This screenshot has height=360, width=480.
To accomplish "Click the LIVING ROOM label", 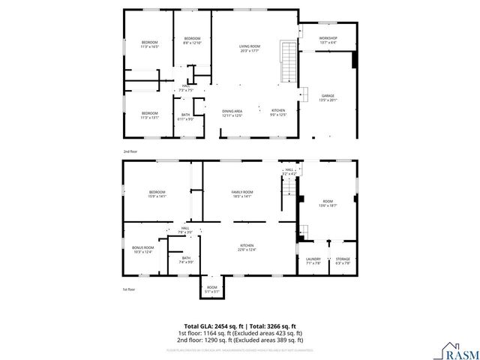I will pos(250,49).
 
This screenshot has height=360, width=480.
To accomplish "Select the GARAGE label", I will pos(328,97).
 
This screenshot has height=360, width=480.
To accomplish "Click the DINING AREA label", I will pos(232,112).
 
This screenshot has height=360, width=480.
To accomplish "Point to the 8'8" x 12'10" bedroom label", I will pos(192,40).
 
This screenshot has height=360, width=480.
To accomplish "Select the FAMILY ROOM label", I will pos(241,194).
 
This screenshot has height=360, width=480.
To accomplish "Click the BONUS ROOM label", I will pos(142,250).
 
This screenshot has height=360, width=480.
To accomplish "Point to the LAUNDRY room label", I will pos(313,260).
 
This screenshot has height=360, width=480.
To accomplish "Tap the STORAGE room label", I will pos(343,260).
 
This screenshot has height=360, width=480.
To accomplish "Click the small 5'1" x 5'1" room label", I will pos(212,289).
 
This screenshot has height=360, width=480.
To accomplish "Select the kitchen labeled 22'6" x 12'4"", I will pos(247,247).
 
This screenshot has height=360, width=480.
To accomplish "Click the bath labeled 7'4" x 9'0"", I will pos(186,259).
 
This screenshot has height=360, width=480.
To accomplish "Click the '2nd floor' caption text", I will pos(129,151).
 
